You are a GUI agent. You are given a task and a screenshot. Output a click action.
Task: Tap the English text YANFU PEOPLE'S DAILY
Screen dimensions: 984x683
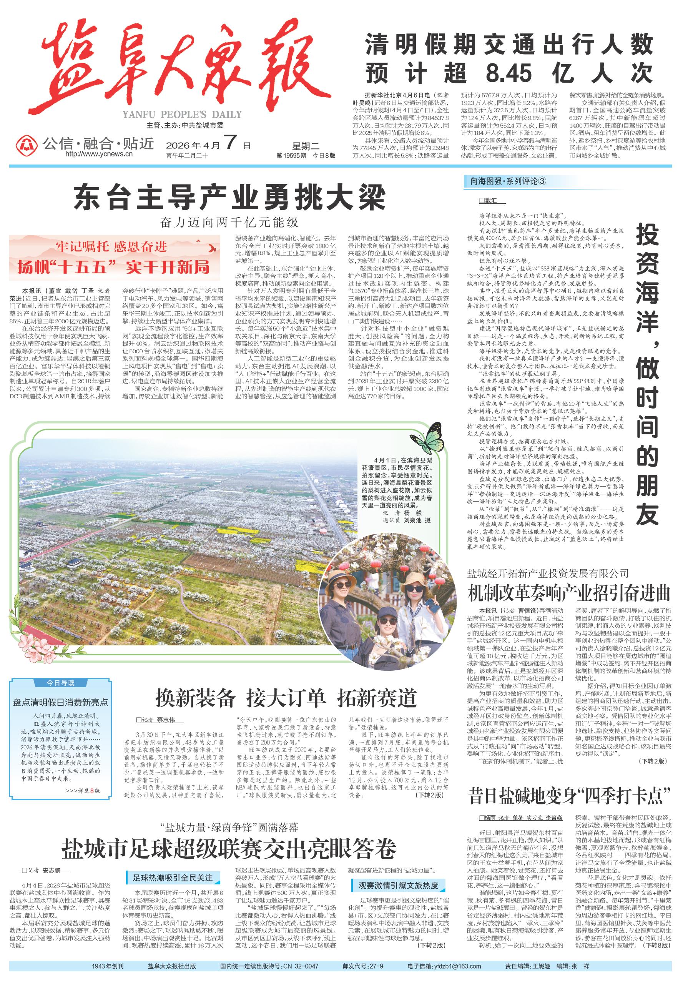182,115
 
